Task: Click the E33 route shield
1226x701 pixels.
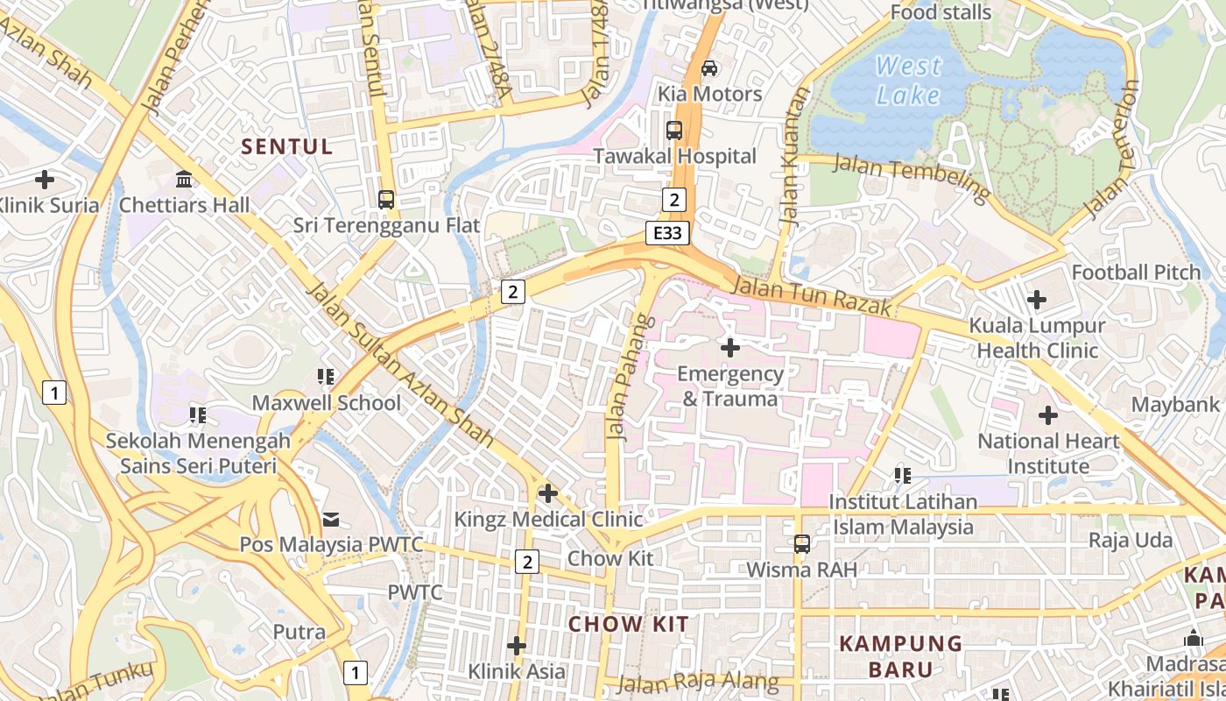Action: pyautogui.click(x=668, y=232)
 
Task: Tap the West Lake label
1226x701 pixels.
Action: pyautogui.click(x=908, y=80)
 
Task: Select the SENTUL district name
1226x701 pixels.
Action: pyautogui.click(x=287, y=146)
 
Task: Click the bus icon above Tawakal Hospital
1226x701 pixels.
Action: pyautogui.click(x=673, y=131)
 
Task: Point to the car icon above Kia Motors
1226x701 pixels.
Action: pyautogui.click(x=709, y=67)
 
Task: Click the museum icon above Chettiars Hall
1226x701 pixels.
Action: pyautogui.click(x=184, y=180)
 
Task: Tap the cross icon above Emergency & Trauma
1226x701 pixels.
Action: pyautogui.click(x=729, y=348)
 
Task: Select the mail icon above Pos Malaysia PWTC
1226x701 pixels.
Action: pyautogui.click(x=331, y=520)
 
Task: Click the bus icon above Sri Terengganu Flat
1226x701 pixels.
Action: pyautogui.click(x=386, y=199)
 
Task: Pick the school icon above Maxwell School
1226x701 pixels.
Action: pyautogui.click(x=326, y=377)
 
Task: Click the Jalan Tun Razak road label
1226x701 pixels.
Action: pyautogui.click(x=811, y=296)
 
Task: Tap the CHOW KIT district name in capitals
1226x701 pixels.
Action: pyautogui.click(x=628, y=624)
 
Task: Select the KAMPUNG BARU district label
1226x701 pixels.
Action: pyautogui.click(x=901, y=656)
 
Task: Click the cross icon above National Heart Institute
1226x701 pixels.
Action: pyautogui.click(x=1048, y=415)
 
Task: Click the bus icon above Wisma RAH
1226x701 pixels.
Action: pyautogui.click(x=801, y=543)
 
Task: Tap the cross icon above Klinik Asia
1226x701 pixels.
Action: pyautogui.click(x=517, y=646)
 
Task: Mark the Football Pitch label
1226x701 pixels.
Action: pyautogui.click(x=1136, y=273)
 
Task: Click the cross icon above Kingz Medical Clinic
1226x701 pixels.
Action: pyautogui.click(x=548, y=493)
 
